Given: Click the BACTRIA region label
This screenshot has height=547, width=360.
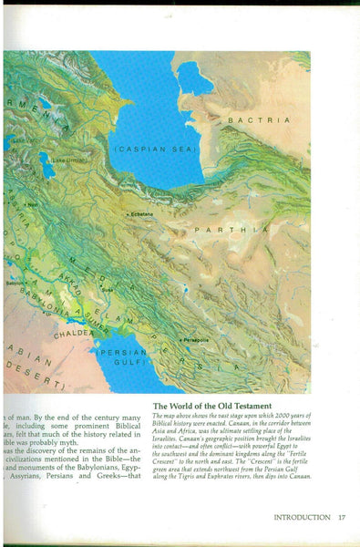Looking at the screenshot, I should [x=259, y=119].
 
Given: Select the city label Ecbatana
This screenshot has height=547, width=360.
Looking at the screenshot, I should [x=142, y=214].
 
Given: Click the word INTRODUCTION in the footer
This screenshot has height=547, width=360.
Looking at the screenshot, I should [x=302, y=517].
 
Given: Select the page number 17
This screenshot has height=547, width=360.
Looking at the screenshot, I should [x=341, y=517].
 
